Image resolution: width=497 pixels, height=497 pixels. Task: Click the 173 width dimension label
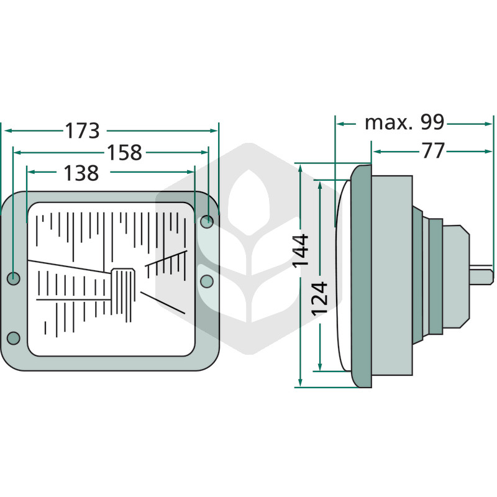click(x=82, y=130)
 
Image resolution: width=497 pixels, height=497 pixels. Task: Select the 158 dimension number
click(x=124, y=152)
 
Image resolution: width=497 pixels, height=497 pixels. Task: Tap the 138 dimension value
click(x=81, y=173)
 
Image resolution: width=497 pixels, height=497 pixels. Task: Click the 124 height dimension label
click(x=319, y=299)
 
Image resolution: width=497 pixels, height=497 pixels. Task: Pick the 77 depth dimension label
click(x=433, y=151)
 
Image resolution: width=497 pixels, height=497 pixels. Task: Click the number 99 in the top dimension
click(x=432, y=122)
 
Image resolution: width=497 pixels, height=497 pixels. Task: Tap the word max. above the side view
click(x=389, y=123)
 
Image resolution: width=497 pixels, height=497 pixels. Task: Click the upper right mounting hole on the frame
click(x=207, y=222)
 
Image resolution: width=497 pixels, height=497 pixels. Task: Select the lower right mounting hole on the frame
click(x=207, y=281)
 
